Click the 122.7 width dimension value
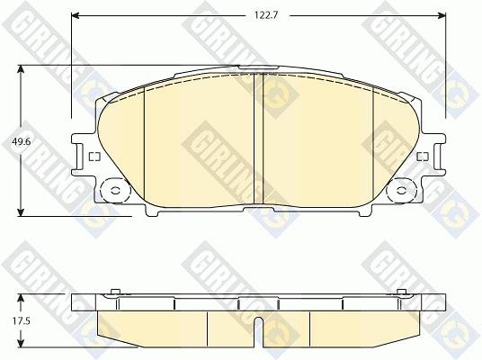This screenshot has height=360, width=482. [x=266, y=15]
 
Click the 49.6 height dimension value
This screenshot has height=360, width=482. [x=21, y=142]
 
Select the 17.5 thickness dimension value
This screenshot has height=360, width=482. [x=22, y=321]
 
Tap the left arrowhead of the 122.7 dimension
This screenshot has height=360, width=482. [x=76, y=15]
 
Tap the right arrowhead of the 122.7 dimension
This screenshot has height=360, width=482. [x=442, y=15]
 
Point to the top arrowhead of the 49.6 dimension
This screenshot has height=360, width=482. [x=21, y=69]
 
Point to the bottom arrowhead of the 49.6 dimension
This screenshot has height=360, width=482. [x=21, y=212]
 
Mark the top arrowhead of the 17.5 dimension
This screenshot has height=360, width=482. [x=21, y=298]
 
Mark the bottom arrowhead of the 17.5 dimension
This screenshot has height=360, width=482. [x=21, y=343]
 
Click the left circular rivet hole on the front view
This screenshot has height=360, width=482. [x=116, y=191]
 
